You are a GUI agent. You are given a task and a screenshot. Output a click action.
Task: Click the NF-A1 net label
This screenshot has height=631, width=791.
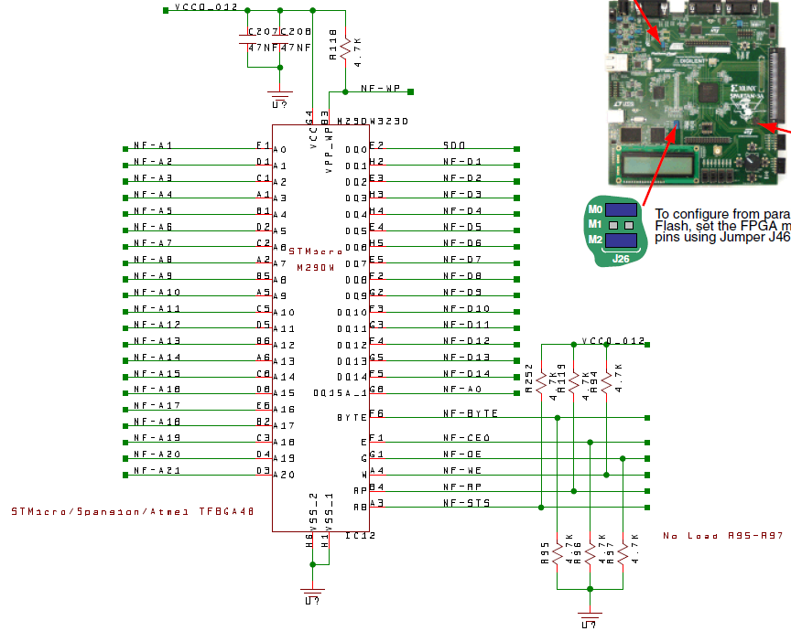point(153,145)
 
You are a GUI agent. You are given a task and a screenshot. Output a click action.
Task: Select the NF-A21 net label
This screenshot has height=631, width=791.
point(157,470)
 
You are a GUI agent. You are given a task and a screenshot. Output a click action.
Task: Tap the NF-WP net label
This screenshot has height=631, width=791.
point(381,89)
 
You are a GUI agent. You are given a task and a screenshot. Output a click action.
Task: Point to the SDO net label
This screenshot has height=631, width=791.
point(454,145)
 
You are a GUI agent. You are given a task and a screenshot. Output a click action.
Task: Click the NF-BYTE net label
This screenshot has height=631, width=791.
point(470,413)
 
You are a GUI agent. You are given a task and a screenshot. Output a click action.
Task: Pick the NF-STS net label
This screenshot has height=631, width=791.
point(466,503)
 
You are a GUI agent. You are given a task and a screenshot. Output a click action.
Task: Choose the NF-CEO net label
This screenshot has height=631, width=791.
point(466,438)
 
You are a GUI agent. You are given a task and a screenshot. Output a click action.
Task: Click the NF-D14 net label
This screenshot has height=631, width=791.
point(466,373)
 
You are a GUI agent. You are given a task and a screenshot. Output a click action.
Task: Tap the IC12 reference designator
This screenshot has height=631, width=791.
point(360,535)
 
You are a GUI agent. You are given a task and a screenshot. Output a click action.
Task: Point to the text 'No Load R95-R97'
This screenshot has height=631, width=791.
point(723,535)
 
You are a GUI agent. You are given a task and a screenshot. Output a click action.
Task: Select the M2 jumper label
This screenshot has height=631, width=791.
point(595,241)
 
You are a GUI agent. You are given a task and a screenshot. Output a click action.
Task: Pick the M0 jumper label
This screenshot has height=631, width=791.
point(595,209)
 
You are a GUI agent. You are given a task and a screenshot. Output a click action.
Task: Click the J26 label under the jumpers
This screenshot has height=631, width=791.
point(622,260)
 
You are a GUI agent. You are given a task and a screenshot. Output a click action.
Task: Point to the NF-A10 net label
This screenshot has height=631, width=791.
point(157,292)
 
